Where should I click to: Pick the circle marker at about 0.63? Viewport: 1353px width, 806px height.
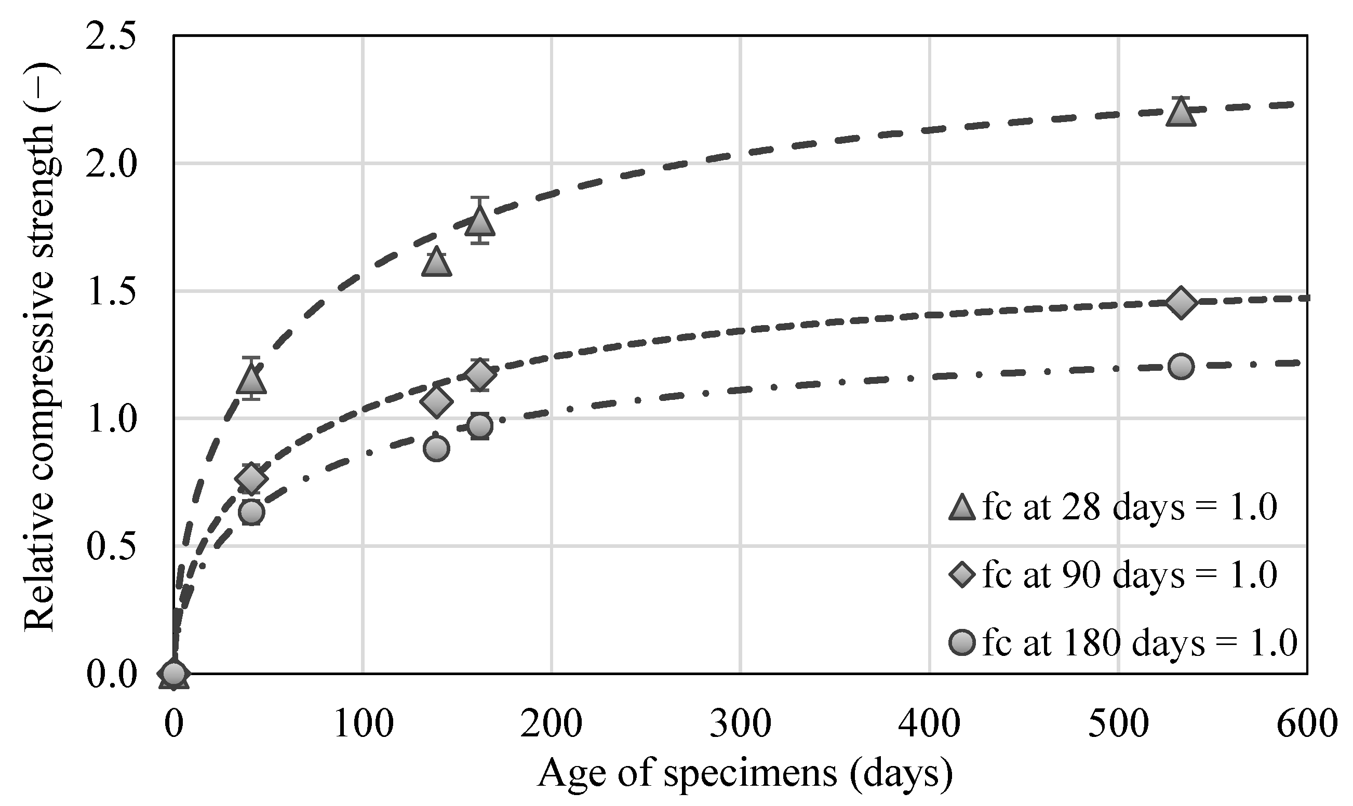coord(251,512)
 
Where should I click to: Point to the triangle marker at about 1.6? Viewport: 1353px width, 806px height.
coord(436,264)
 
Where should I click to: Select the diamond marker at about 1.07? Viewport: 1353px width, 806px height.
coord(436,402)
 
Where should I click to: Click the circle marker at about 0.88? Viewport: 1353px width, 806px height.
coord(436,449)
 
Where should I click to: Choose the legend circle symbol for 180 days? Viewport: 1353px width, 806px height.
coord(962,643)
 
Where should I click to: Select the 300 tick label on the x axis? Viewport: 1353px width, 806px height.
coord(740,724)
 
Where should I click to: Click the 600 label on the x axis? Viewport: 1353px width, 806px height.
coord(1306,724)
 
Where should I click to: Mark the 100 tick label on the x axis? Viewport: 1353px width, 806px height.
coord(363,724)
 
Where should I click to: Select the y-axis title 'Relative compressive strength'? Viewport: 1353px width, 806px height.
coord(39,347)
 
